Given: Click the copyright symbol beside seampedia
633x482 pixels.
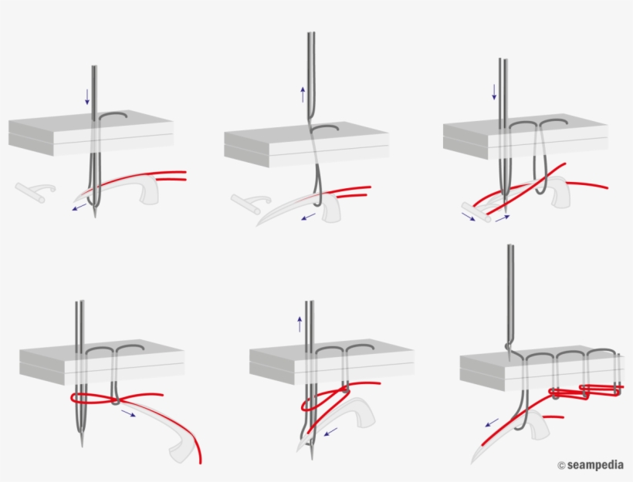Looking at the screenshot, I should click(x=561, y=465).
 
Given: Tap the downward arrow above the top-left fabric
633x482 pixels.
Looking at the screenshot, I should click(x=87, y=96).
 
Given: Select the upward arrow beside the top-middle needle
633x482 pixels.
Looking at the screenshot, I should click(x=303, y=95).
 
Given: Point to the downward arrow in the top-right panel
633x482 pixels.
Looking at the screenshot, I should click(x=494, y=93).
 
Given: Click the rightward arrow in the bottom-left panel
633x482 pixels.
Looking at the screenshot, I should click(x=128, y=414).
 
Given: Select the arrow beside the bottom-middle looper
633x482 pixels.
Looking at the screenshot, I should click(x=330, y=433).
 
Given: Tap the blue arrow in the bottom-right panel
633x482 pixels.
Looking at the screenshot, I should click(x=491, y=423).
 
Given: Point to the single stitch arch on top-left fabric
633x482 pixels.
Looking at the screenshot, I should click(x=113, y=116).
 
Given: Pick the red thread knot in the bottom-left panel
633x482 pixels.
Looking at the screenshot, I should click(x=115, y=399).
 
